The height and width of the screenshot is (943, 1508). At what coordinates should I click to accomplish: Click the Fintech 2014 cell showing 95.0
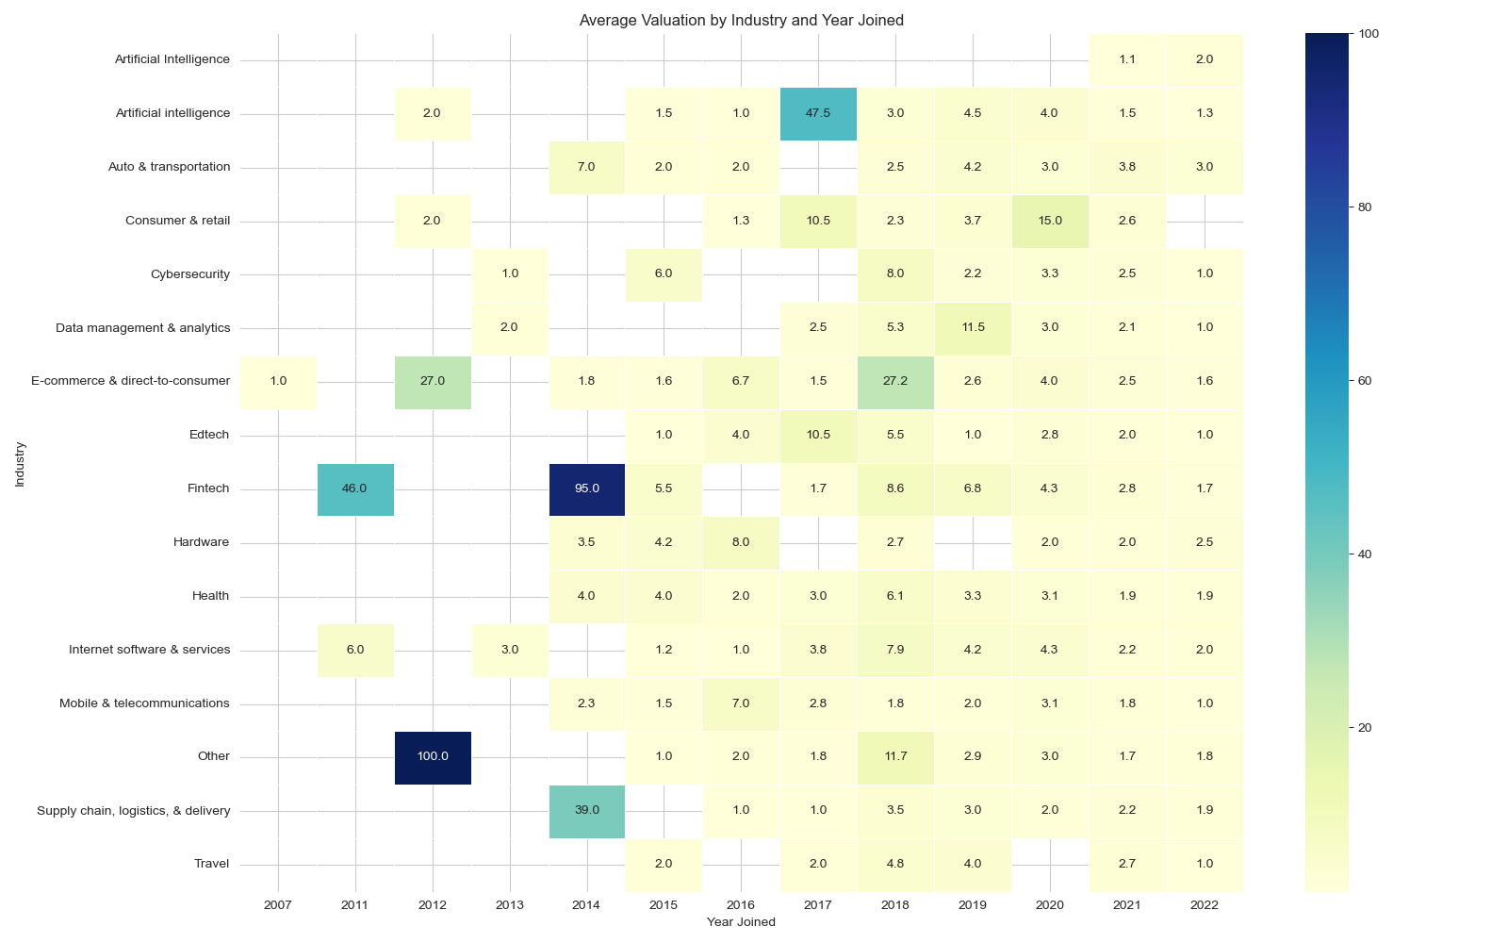[x=586, y=488]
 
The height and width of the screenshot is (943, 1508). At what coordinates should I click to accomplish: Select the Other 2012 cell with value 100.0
[x=433, y=756]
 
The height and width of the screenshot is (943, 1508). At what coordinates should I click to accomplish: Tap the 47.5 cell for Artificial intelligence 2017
[x=818, y=113]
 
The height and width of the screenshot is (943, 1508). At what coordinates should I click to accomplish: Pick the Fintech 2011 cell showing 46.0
[x=355, y=488]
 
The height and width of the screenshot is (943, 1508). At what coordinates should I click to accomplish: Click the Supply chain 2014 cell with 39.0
[x=586, y=810]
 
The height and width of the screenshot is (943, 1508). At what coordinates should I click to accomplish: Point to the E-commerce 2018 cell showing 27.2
[x=895, y=381]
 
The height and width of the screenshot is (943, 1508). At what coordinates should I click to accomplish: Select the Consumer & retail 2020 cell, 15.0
[x=1049, y=221]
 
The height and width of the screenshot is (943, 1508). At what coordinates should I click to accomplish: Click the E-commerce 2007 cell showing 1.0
[x=278, y=381]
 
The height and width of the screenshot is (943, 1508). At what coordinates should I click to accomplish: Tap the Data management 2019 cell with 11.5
[x=973, y=327]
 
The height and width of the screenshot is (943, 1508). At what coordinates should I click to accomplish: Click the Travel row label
[x=211, y=864]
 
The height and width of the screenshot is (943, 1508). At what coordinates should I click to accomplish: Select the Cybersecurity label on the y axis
[x=190, y=274]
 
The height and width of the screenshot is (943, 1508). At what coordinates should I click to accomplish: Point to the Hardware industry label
[x=201, y=542]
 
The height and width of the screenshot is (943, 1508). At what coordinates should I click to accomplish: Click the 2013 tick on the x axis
[x=510, y=905]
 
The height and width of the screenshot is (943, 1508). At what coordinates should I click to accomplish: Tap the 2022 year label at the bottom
[x=1204, y=905]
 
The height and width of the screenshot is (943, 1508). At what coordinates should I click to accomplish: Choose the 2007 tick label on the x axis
[x=278, y=905]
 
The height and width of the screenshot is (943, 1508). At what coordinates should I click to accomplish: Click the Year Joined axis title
[x=741, y=922]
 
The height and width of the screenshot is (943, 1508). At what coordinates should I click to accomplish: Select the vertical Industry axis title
[x=20, y=464]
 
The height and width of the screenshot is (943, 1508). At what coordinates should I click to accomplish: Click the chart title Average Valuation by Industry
[x=741, y=20]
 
